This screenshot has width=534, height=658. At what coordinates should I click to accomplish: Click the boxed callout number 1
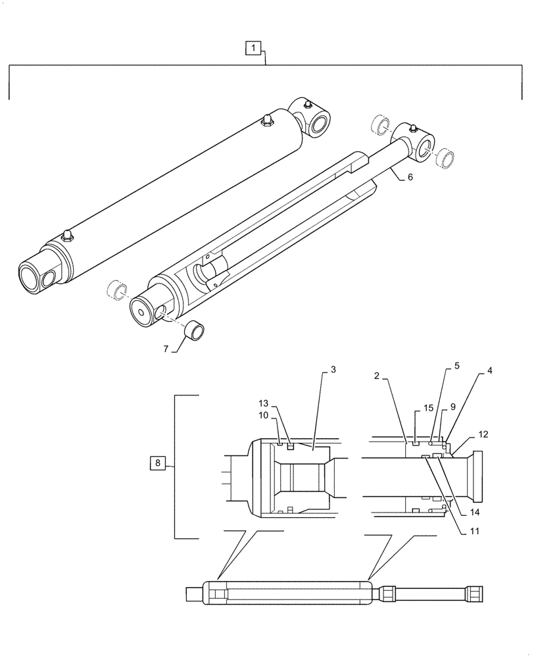tap(255, 47)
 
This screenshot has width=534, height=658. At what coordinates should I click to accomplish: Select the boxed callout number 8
tap(157, 463)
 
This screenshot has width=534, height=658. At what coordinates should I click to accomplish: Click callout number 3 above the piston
tap(333, 371)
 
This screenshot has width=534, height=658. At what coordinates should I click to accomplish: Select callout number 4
tap(489, 371)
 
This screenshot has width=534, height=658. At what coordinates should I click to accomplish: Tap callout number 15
tap(428, 409)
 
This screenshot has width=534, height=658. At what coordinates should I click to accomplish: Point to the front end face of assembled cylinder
tap(32, 274)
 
